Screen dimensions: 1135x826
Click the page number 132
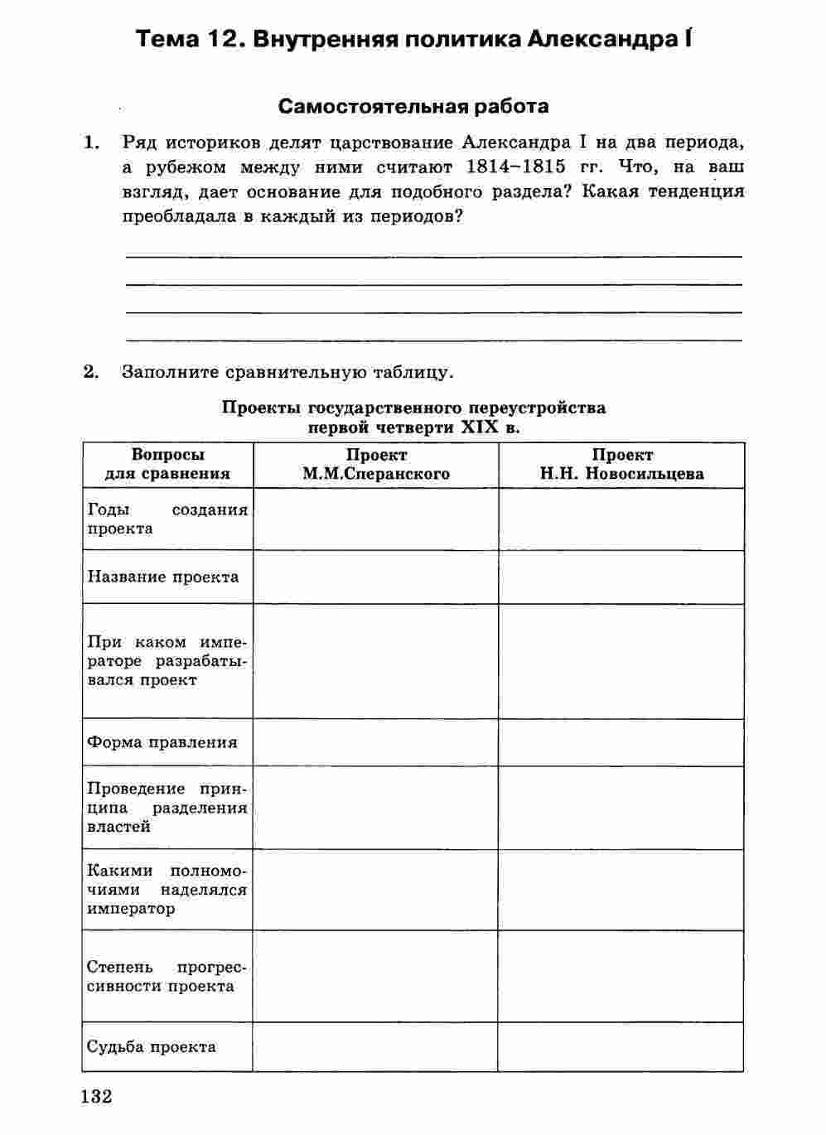pyautogui.click(x=97, y=1096)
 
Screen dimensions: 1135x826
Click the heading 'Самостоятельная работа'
pyautogui.click(x=413, y=106)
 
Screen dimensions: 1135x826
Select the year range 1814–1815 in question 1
pyautogui.click(x=515, y=167)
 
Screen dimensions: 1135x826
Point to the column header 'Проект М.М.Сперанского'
pyautogui.click(x=376, y=465)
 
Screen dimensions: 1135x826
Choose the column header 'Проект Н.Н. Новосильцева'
pyautogui.click(x=621, y=465)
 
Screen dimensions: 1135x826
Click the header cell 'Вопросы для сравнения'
pyautogui.click(x=167, y=465)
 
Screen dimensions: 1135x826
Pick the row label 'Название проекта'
pyautogui.click(x=163, y=577)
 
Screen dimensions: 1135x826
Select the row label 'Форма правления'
pyautogui.click(x=162, y=742)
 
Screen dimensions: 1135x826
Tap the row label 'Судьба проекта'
pyautogui.click(x=152, y=1046)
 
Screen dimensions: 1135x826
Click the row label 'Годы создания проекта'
pyautogui.click(x=167, y=519)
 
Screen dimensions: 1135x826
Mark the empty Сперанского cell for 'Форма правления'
pyautogui.click(x=376, y=742)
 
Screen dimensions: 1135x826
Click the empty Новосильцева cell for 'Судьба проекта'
pyautogui.click(x=621, y=1046)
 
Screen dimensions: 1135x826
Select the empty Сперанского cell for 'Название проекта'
pyautogui.click(x=376, y=577)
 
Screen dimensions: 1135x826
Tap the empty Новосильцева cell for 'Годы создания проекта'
pyautogui.click(x=621, y=519)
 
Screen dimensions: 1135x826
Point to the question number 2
pyautogui.click(x=91, y=372)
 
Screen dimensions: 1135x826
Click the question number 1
pyautogui.click(x=91, y=142)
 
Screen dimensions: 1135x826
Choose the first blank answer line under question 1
pyautogui.click(x=433, y=256)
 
